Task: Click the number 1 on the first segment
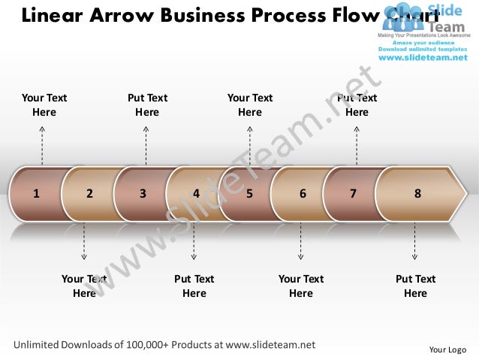coord(35,193)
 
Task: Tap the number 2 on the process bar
coord(89,193)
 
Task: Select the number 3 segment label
coord(143,193)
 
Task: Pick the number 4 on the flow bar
coord(196,193)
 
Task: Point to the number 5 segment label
coord(249,193)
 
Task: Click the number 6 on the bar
coord(303,193)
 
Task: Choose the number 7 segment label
coord(353,193)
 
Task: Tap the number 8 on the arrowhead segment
coord(417,193)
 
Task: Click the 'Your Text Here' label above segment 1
coord(44,104)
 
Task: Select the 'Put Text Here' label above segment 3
coord(147,104)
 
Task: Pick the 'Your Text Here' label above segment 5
coord(250,104)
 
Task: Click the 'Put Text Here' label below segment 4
coord(194,286)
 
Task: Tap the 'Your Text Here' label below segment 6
coord(301,286)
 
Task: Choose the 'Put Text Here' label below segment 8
coord(415,286)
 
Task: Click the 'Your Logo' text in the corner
coord(447,349)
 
